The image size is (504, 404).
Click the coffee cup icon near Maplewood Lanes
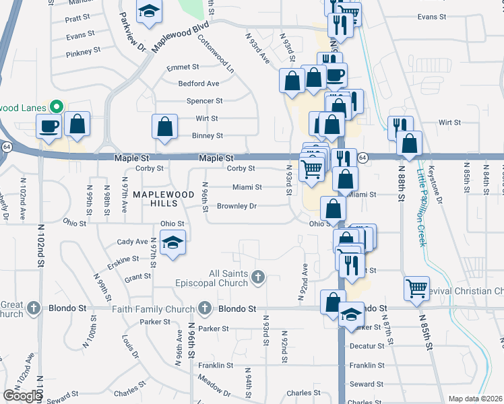[x=49, y=125]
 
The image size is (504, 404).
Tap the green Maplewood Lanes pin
[x=57, y=107]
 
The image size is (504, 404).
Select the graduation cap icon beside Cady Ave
[x=173, y=243]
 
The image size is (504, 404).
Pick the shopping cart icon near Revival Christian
[x=416, y=288]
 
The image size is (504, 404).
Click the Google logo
[x=22, y=396]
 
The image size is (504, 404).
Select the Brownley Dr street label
[x=236, y=206]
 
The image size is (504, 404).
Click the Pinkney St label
[x=84, y=50]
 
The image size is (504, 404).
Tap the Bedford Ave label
[x=199, y=83]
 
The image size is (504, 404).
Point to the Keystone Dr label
[x=439, y=181]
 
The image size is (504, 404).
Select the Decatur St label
[x=367, y=346]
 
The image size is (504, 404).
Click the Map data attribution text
[x=475, y=399]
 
